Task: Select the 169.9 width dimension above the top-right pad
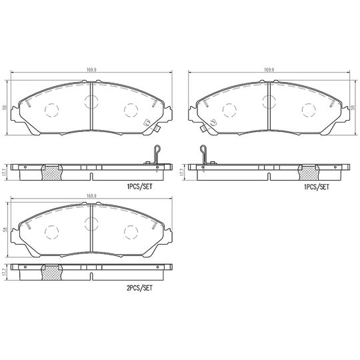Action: [x=269, y=69]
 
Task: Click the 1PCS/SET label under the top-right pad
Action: [x=316, y=187]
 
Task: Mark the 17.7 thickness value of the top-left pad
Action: [x=5, y=171]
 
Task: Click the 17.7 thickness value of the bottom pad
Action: [x=5, y=273]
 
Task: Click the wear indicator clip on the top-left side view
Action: [x=155, y=154]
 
